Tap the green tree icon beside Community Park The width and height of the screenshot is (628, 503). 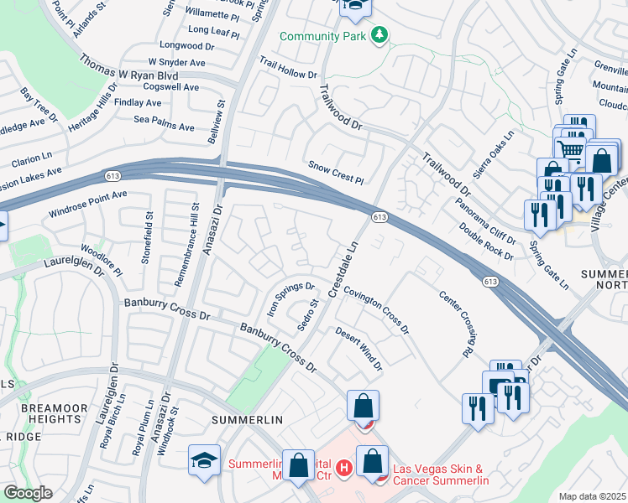(x=380, y=34)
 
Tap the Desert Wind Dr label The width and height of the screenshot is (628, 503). (x=359, y=349)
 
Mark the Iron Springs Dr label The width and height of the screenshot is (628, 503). (x=290, y=297)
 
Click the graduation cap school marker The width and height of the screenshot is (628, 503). (x=204, y=460)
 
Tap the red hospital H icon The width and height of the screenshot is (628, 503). (x=343, y=467)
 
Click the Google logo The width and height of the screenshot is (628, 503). (x=28, y=493)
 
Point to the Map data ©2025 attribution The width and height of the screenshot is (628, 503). (x=592, y=496)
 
